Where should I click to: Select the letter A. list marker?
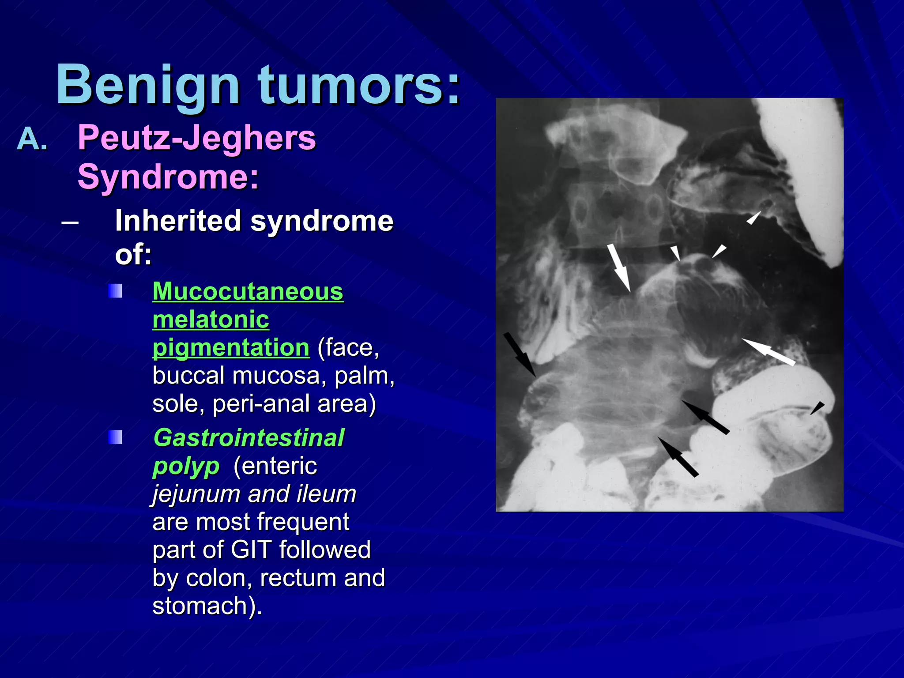32,139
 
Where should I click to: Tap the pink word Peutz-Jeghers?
197,138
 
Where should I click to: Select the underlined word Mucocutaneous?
248,292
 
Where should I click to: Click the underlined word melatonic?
211,320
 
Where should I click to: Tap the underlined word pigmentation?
231,348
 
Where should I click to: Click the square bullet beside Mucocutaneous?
115,291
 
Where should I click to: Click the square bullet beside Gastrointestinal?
115,437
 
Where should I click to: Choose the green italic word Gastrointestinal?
249,438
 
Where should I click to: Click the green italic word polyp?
186,466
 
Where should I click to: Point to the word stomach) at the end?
207,606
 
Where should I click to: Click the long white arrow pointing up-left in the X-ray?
768,352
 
